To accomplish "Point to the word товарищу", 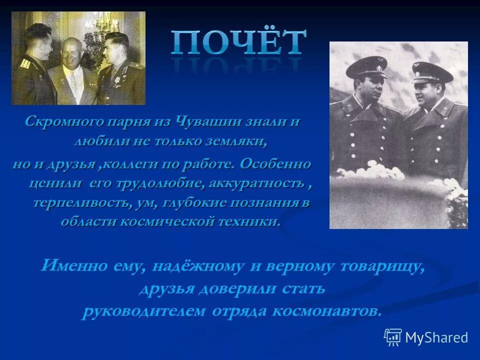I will [x=383, y=265].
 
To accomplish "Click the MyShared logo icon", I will [x=393, y=337].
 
